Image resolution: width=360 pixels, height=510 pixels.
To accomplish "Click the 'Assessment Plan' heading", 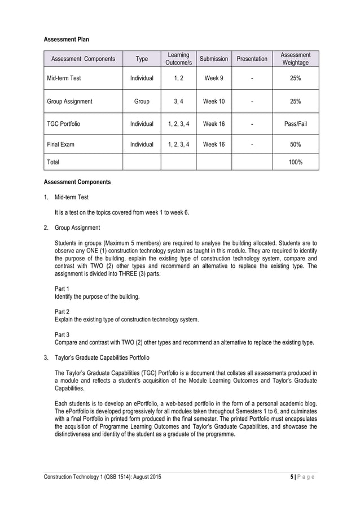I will (66, 40).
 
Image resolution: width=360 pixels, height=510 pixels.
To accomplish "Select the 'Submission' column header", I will (214, 59).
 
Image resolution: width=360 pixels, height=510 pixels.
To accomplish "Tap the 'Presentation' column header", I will (252, 59).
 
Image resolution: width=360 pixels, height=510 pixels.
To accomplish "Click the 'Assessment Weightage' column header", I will (295, 59).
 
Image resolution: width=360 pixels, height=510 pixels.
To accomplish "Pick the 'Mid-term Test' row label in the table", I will (64, 78).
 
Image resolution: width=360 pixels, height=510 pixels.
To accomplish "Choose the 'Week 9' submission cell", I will (214, 78).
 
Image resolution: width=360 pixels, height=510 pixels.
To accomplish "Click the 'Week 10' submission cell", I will (214, 102).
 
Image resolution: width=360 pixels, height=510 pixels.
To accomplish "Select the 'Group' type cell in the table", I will (142, 102).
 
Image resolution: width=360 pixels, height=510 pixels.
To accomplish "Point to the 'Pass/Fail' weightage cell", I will (295, 124).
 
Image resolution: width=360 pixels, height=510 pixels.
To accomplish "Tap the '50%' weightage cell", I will (295, 145).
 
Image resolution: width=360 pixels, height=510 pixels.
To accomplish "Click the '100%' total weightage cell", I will (295, 162).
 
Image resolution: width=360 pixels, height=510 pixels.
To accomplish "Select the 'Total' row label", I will (53, 162).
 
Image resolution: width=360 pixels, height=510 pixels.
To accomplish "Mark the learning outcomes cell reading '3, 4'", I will (178, 102).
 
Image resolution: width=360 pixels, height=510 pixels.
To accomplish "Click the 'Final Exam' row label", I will (60, 145).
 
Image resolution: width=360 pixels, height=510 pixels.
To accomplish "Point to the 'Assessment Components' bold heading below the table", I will (77, 182).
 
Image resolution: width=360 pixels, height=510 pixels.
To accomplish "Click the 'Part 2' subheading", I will (62, 312).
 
